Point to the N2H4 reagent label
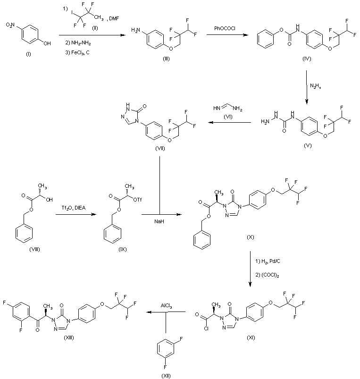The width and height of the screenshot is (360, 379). click(x=316, y=85)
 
